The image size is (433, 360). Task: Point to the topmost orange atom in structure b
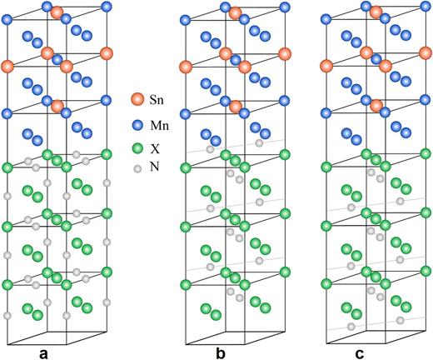coord(236,12)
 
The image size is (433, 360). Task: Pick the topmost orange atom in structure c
coord(376,12)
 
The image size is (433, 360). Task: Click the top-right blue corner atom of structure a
coord(106,7)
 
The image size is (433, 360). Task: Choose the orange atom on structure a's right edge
coord(106,53)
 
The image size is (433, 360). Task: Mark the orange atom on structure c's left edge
coord(326,67)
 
